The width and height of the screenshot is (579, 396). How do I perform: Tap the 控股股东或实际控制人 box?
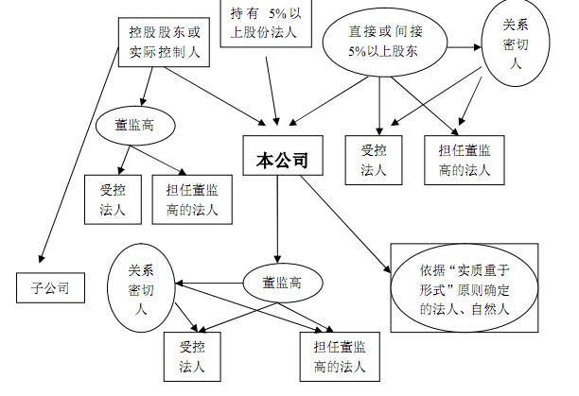[x=165, y=41]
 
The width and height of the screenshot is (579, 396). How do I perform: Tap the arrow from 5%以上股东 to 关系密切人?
[x=462, y=44]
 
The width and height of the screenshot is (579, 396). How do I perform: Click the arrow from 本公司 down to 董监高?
[x=276, y=223]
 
